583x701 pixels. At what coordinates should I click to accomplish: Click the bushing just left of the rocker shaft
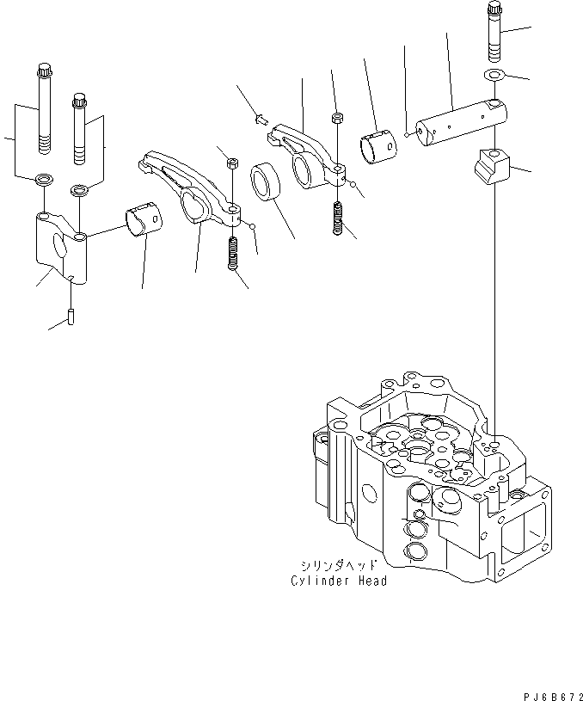click(x=378, y=144)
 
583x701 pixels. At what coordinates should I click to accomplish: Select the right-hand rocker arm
click(x=308, y=153)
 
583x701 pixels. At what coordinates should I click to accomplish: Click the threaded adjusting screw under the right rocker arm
click(x=339, y=218)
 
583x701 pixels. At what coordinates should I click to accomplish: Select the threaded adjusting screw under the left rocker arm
click(x=232, y=255)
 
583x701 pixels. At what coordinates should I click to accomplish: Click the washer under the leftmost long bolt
click(x=41, y=181)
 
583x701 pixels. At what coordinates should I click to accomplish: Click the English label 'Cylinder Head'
click(x=338, y=581)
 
